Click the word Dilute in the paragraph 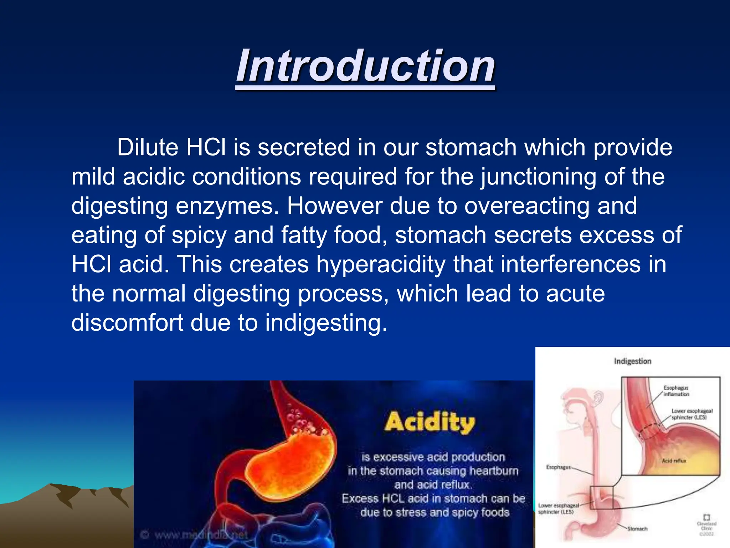pyautogui.click(x=148, y=147)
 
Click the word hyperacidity pyautogui.click(x=381, y=264)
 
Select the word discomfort pyautogui.click(x=127, y=323)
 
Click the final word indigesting pyautogui.click(x=325, y=323)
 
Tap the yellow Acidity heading pyautogui.click(x=430, y=422)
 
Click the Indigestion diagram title pyautogui.click(x=632, y=361)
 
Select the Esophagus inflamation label pyautogui.click(x=676, y=391)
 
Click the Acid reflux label pyautogui.click(x=674, y=461)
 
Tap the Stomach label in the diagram pyautogui.click(x=637, y=529)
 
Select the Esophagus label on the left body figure pyautogui.click(x=558, y=467)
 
